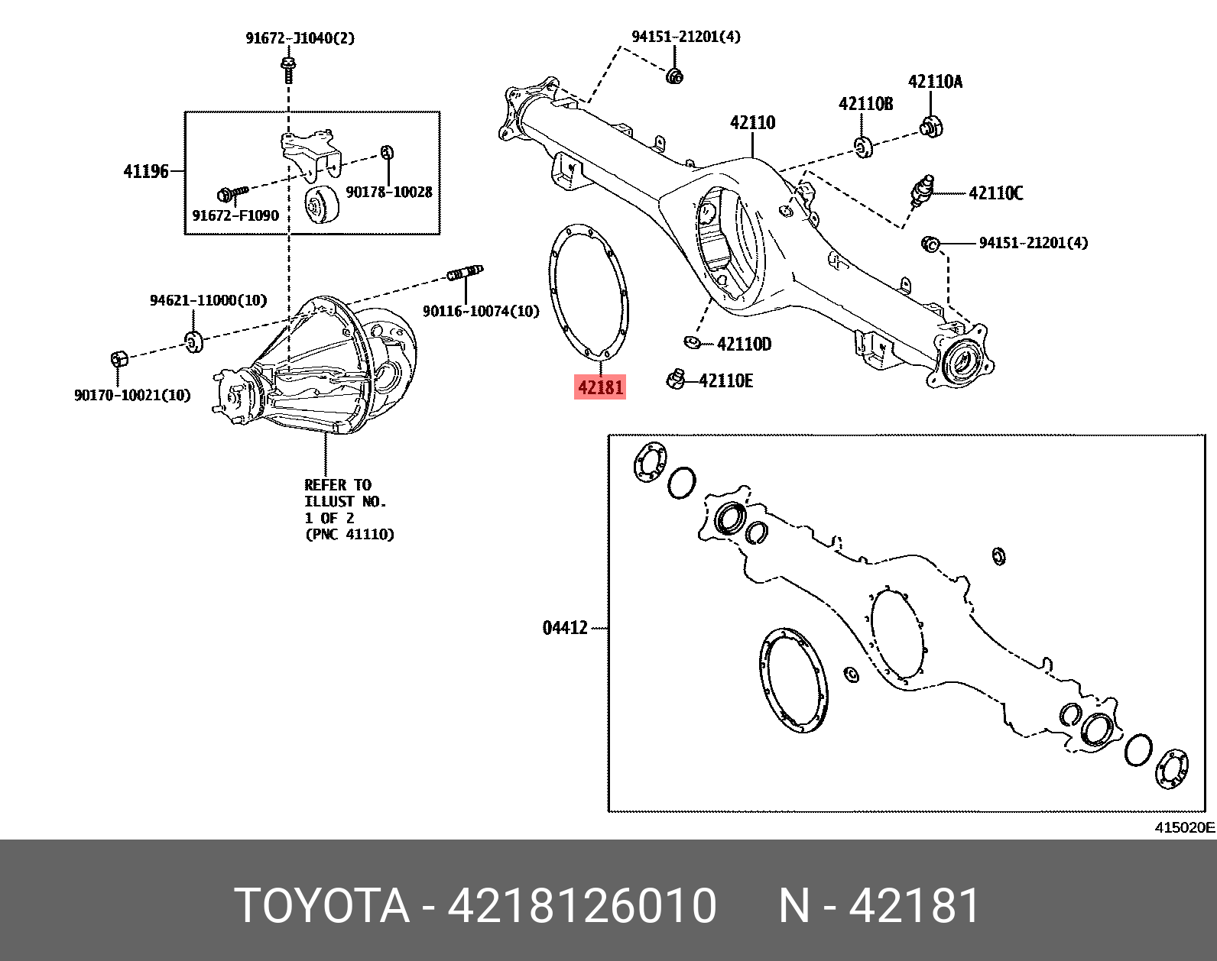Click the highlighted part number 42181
coord(600,387)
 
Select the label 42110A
coord(935,82)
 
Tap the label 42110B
coord(865,104)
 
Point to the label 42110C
coord(995,193)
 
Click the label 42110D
coord(744,345)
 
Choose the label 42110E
coord(725,380)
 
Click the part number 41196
coord(146,171)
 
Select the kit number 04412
coord(565,628)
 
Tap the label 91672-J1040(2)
coord(300,38)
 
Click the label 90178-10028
coord(389,193)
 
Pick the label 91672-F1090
coord(235,215)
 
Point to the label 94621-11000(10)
coord(208,300)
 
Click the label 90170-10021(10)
coord(132,395)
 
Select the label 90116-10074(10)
coord(481,311)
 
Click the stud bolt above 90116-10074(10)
coord(465,272)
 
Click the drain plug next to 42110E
coord(675,378)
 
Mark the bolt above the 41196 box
coord(288,68)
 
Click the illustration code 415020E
coord(1184,827)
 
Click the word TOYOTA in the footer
coord(321,906)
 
